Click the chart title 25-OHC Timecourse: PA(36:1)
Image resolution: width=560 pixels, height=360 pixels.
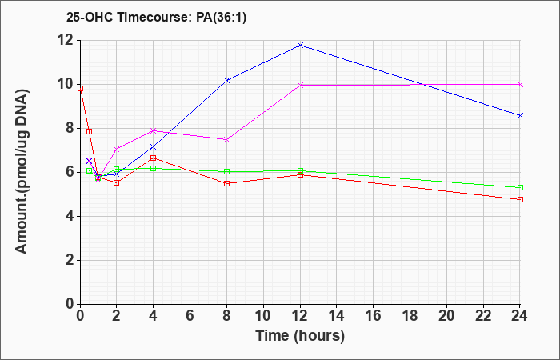point(157,18)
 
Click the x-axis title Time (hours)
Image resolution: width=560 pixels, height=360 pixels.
point(300,336)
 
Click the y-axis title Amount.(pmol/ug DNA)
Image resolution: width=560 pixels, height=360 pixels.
point(22,171)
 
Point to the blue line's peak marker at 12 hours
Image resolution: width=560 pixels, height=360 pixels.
point(300,46)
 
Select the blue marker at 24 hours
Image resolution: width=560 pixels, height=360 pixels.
point(520,115)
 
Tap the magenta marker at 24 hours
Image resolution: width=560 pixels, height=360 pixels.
point(520,85)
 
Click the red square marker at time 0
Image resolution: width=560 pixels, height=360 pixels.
point(80,88)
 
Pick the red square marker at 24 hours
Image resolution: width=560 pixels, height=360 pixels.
point(520,200)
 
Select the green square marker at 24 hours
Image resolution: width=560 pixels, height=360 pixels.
point(520,187)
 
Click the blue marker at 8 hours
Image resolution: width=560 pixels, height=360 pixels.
point(226,80)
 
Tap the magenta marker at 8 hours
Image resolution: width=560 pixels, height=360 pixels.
point(226,140)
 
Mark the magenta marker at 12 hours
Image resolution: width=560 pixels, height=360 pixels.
point(300,85)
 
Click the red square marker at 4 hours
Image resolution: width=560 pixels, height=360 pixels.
point(154,158)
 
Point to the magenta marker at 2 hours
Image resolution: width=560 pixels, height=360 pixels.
point(117,149)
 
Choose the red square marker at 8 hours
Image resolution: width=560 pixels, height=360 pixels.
point(226,183)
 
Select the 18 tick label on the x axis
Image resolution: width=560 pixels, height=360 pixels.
point(410,316)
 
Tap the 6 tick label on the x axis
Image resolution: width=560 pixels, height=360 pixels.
point(190,316)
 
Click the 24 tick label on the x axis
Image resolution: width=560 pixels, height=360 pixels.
point(520,316)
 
